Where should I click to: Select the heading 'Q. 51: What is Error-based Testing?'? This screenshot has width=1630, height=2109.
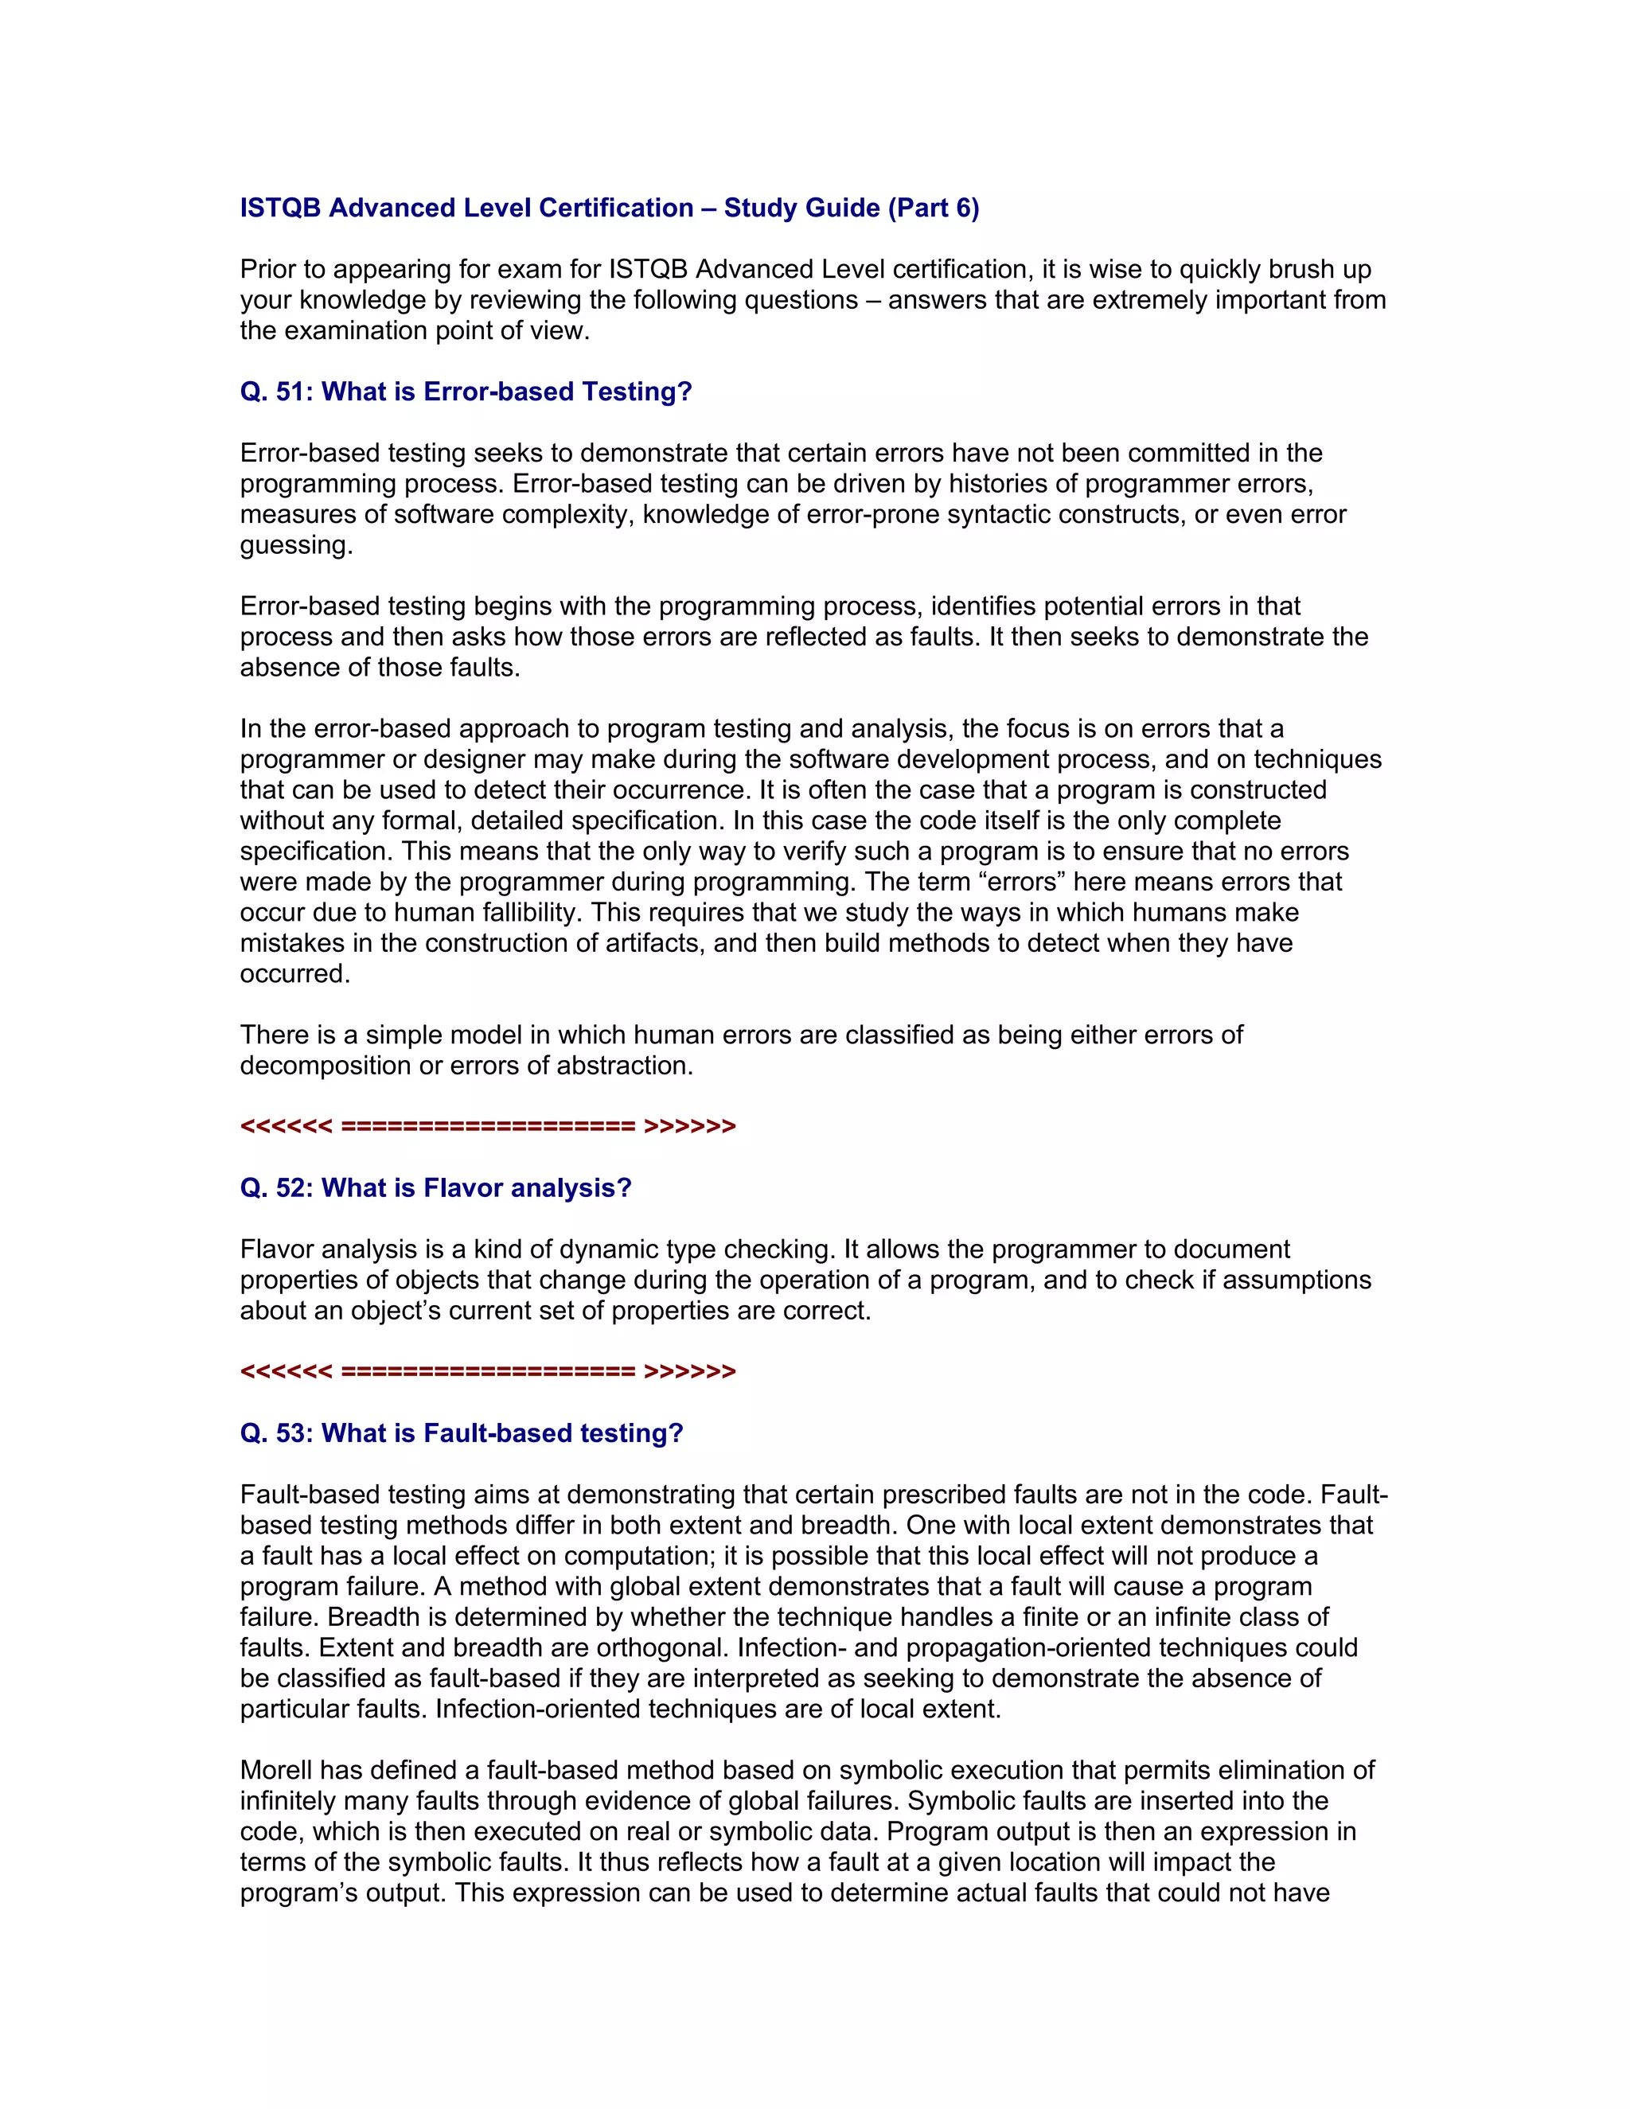[x=466, y=392]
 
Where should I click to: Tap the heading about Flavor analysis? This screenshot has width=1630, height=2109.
[x=435, y=1187]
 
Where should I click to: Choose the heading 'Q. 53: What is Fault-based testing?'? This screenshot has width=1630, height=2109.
[x=461, y=1433]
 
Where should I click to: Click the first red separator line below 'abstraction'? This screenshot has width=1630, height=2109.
[x=488, y=1127]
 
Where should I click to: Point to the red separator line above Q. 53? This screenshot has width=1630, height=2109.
[x=488, y=1372]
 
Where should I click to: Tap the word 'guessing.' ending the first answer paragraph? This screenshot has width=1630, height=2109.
[x=296, y=546]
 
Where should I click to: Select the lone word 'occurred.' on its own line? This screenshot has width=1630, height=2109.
[x=294, y=974]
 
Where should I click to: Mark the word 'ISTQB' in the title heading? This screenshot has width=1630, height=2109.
[x=280, y=209]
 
